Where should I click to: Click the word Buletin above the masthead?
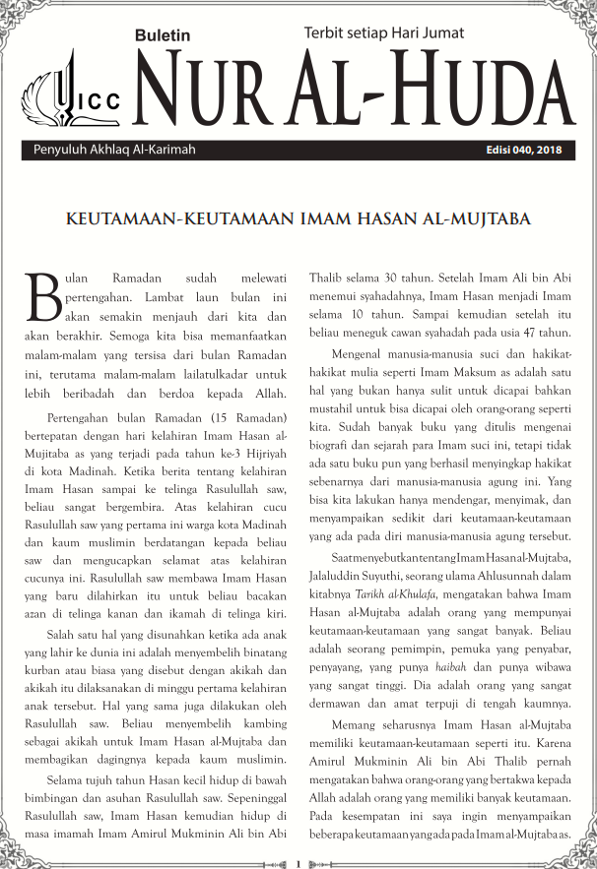(x=164, y=35)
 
